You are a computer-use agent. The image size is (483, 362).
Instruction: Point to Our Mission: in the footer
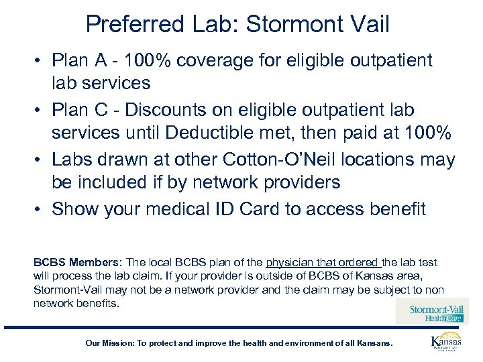pos(109,343)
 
